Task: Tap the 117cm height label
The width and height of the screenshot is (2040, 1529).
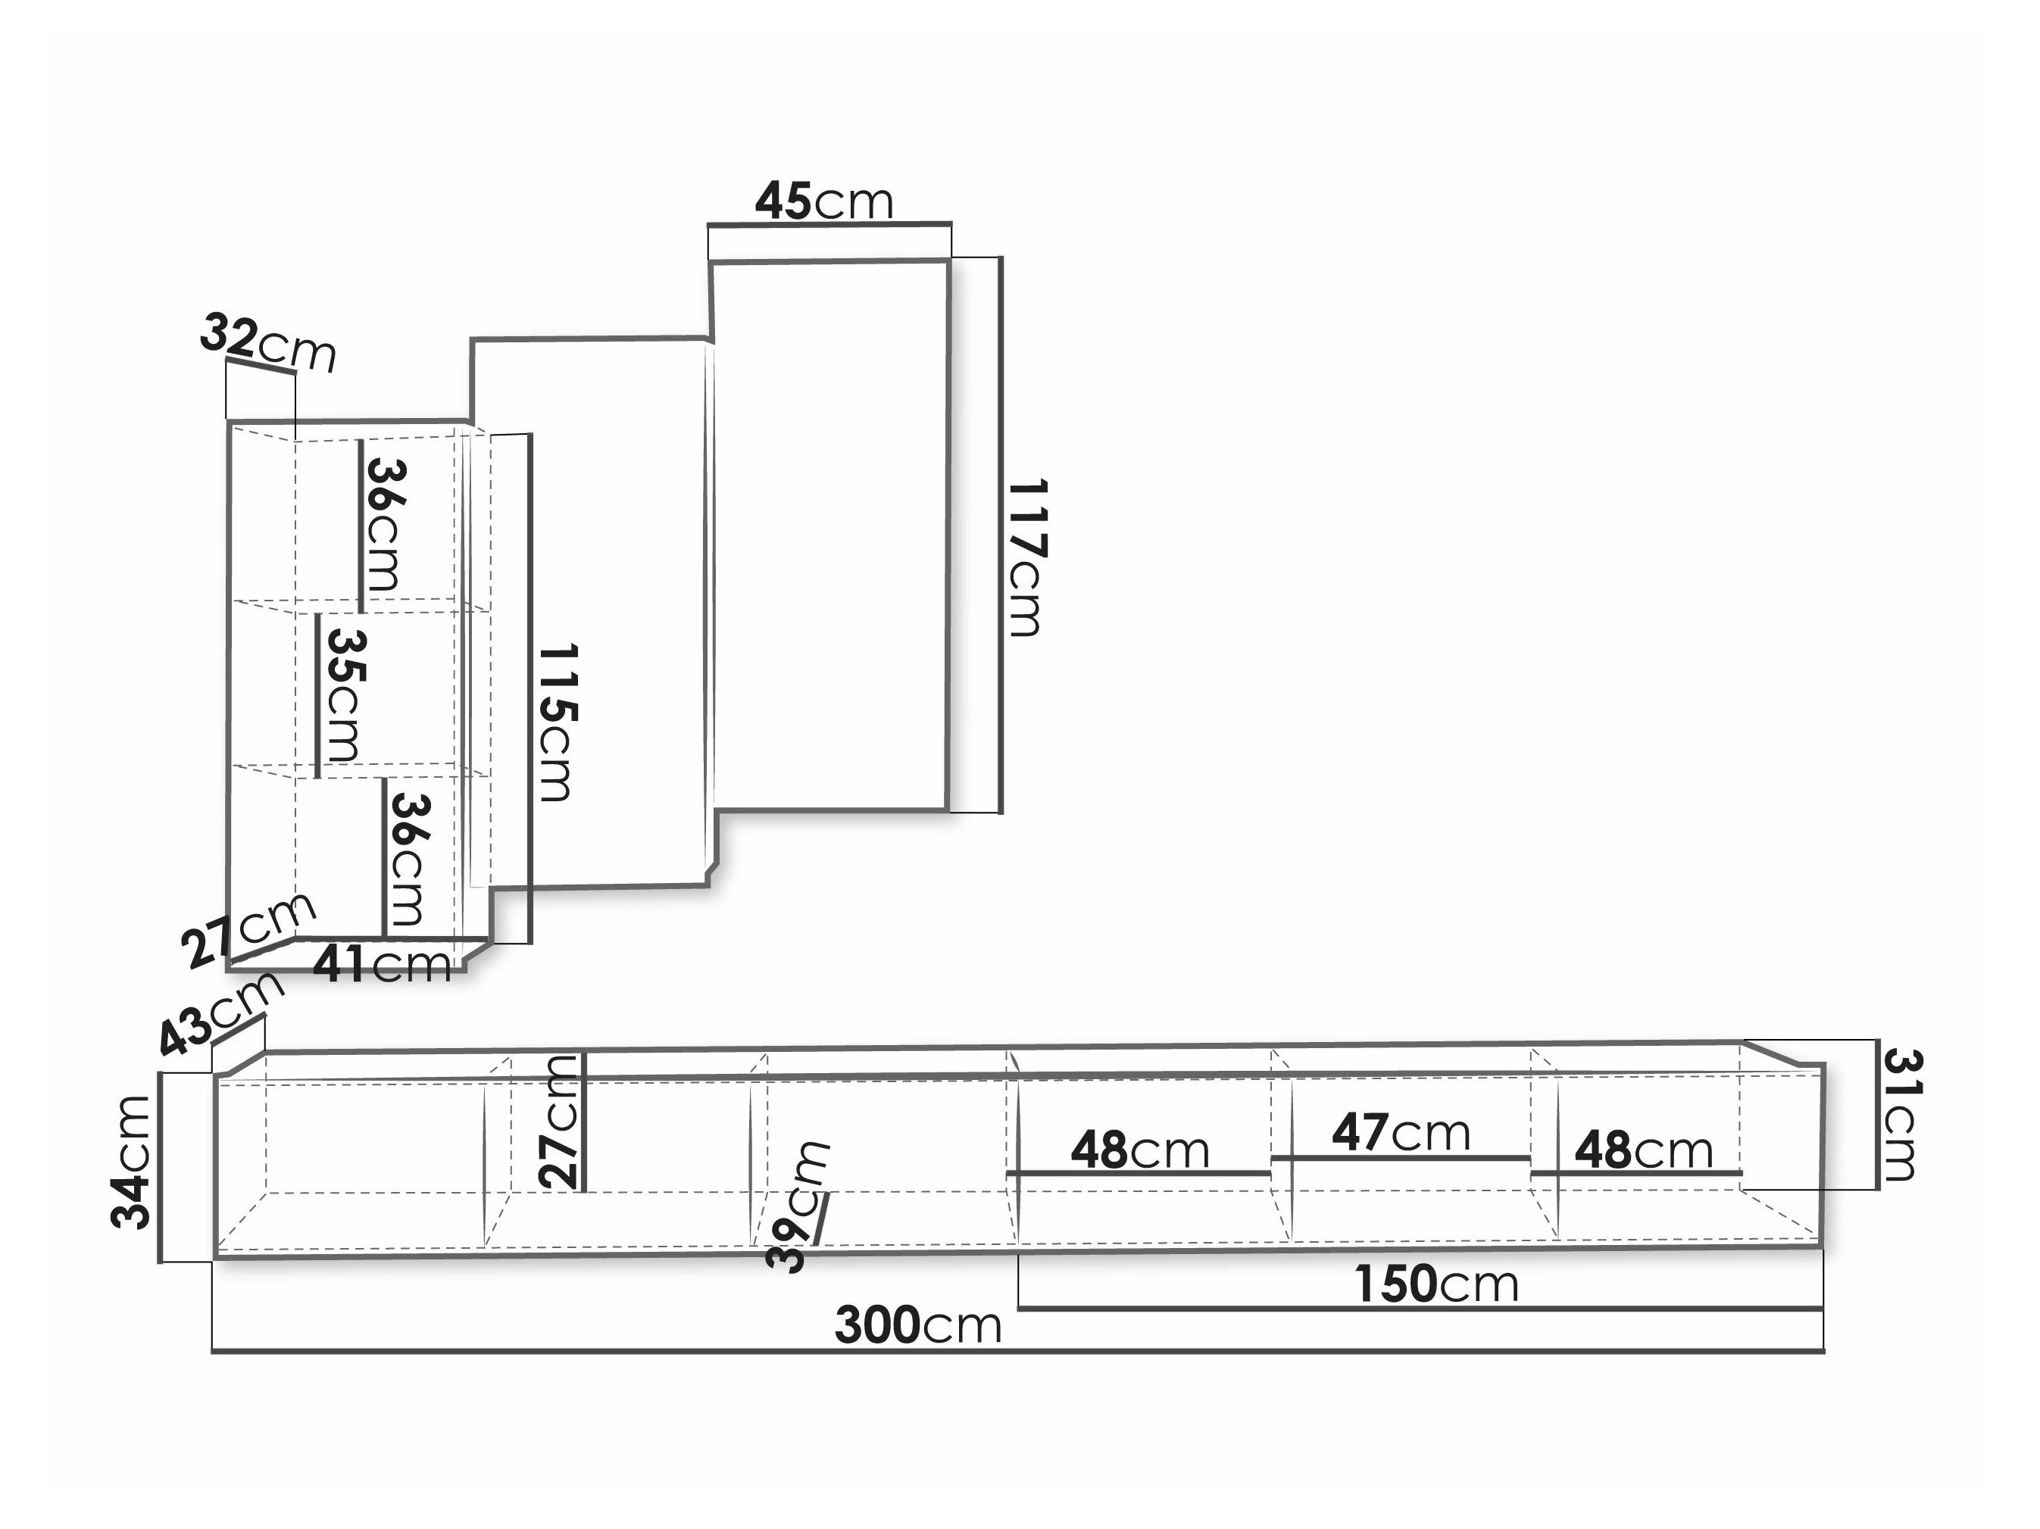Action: [x=1026, y=558]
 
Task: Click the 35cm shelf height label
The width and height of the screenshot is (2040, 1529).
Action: [x=343, y=695]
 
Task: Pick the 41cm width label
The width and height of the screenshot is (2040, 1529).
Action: [x=382, y=965]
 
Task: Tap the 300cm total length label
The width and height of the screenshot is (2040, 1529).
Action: [x=917, y=1325]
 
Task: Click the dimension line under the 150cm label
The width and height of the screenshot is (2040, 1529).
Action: [x=1420, y=1308]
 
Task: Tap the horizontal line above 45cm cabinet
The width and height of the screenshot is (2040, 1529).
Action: [x=829, y=223]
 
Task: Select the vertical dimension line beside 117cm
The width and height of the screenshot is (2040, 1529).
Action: [x=1001, y=535]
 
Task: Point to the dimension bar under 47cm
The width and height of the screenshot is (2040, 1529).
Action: [x=1400, y=1157]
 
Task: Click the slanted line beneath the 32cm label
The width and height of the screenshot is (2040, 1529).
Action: [x=261, y=365]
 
